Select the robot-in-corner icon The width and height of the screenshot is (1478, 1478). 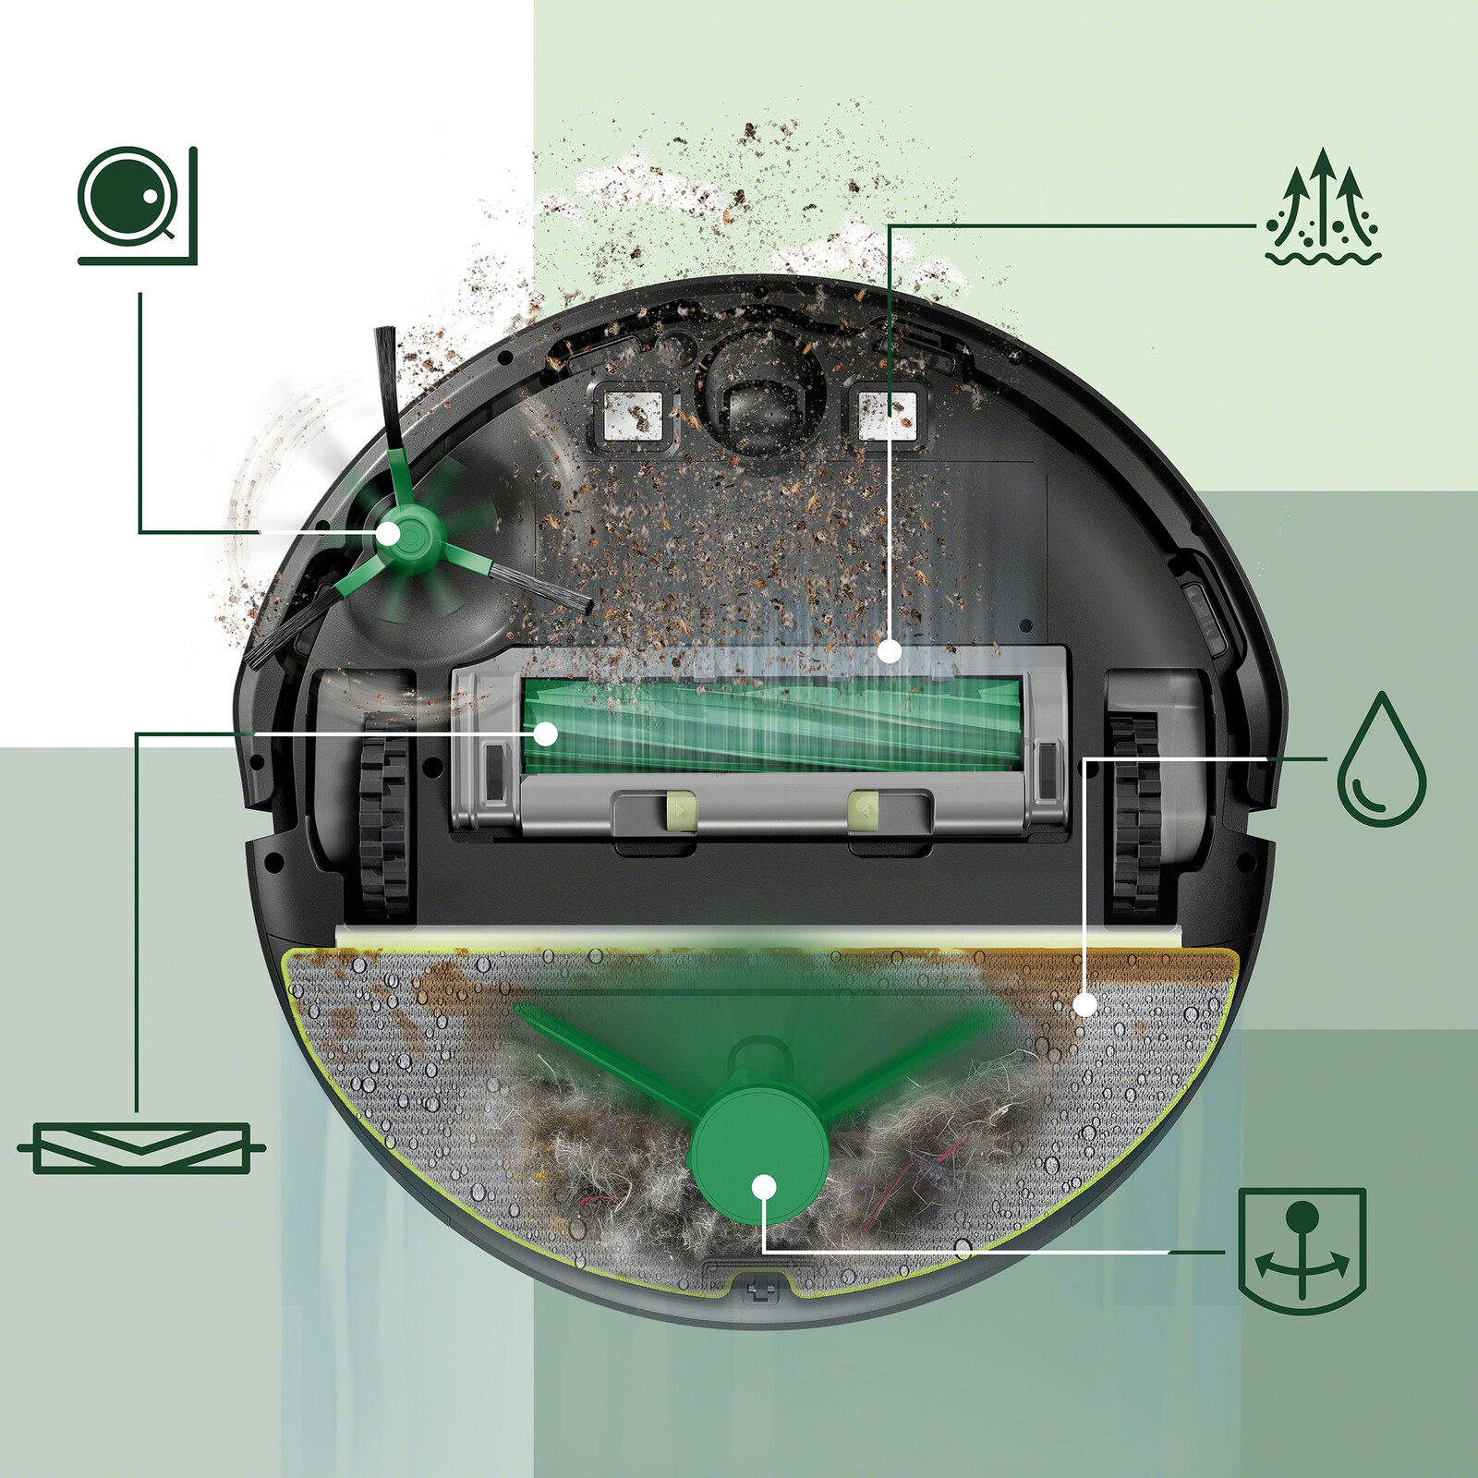click(137, 205)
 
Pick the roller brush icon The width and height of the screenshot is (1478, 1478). click(140, 1148)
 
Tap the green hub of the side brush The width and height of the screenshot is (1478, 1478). click(389, 533)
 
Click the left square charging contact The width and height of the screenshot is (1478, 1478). click(633, 413)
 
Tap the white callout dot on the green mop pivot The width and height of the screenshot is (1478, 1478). click(763, 1186)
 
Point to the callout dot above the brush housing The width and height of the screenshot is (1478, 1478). click(889, 651)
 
